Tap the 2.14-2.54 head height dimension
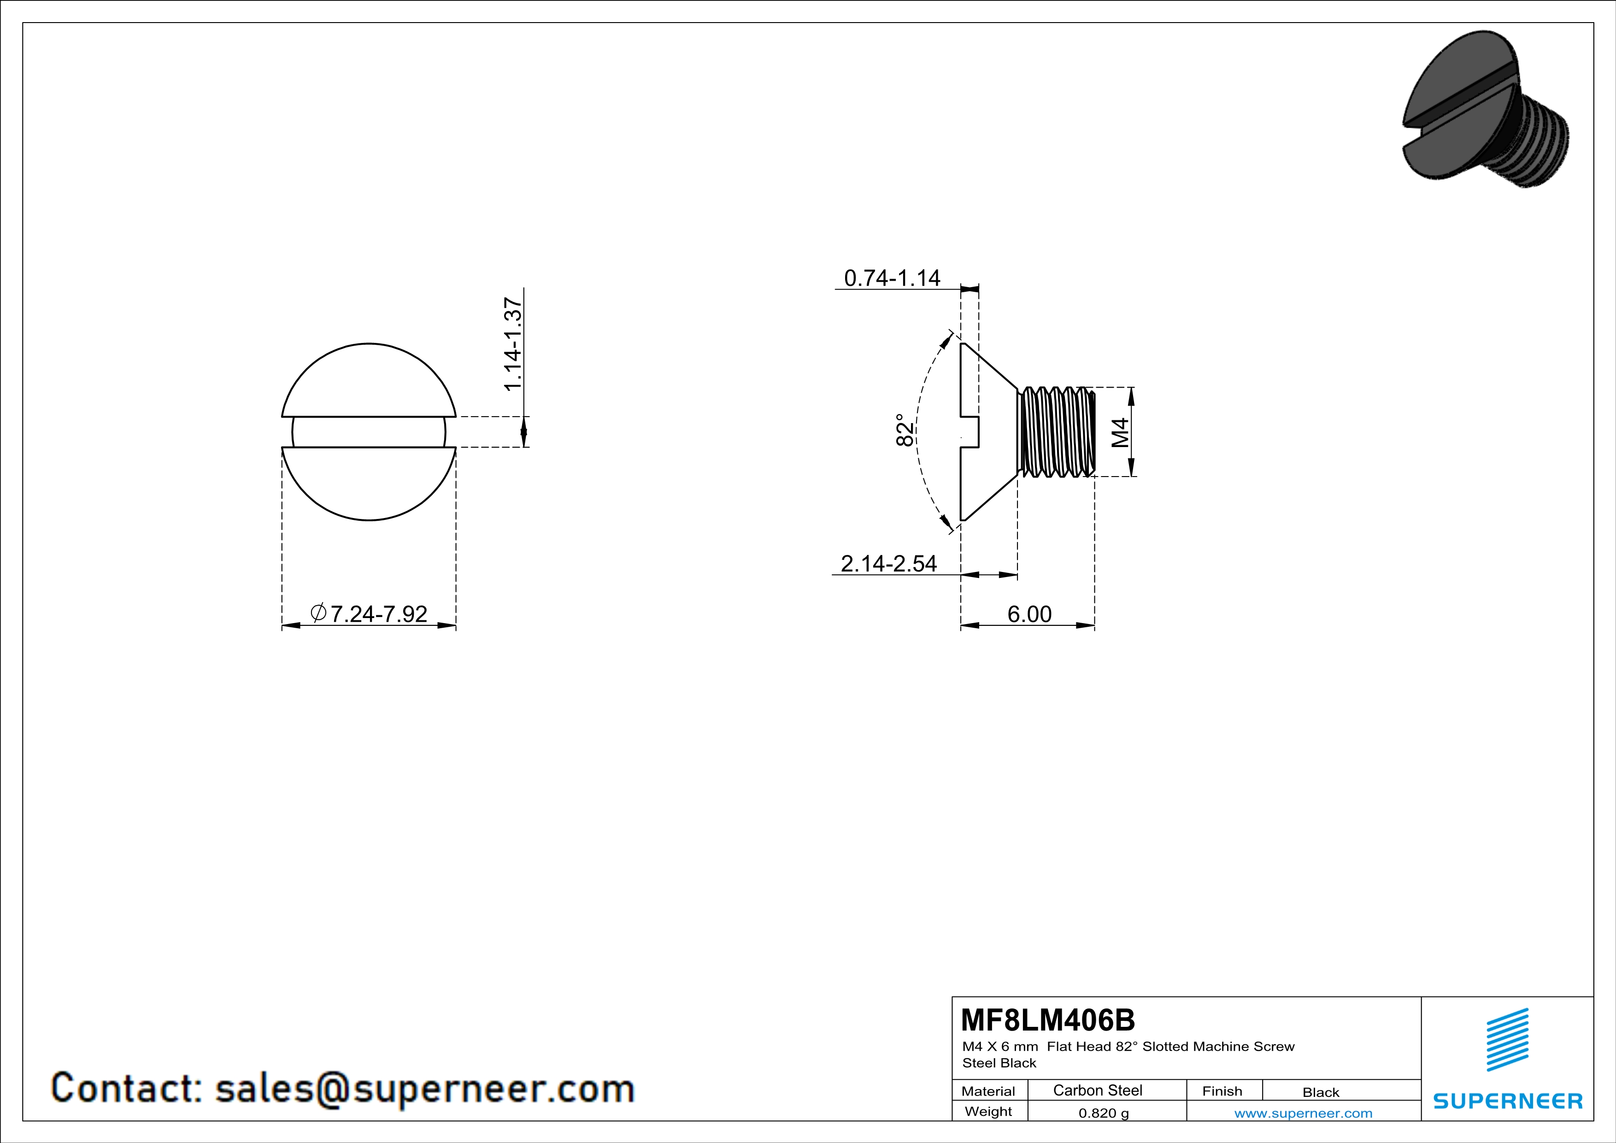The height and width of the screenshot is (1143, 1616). (889, 564)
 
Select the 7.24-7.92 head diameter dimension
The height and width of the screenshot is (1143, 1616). (369, 614)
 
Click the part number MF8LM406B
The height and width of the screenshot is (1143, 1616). (1048, 1020)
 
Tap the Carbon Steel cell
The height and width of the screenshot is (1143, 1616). (1097, 1090)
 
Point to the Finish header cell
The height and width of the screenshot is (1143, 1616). (1222, 1091)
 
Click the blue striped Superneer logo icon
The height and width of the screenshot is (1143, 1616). (1507, 1040)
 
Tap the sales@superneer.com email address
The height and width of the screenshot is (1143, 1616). (424, 1089)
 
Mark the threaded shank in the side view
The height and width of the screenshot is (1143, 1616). (1056, 431)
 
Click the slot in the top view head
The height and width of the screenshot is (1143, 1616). (369, 432)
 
